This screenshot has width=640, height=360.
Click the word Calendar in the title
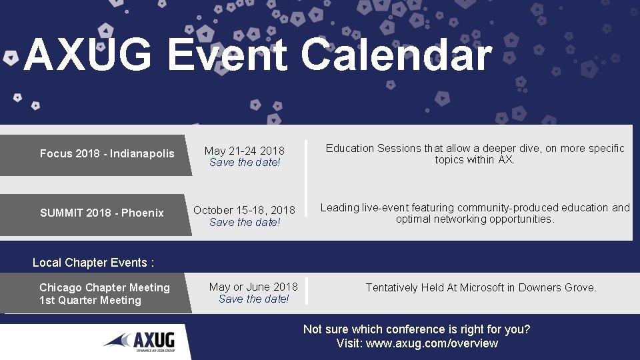pos(397,55)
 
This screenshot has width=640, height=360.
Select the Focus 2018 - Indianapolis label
pos(107,154)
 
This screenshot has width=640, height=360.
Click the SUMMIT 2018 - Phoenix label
pos(101,213)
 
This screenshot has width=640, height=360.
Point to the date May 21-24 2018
pos(244,151)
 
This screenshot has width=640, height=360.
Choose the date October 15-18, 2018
pos(244,210)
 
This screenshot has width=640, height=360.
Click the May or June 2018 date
pos(253,287)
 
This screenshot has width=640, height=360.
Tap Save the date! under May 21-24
pos(245,163)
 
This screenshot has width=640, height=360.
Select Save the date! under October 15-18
pos(245,223)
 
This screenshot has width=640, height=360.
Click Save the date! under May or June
pos(254,299)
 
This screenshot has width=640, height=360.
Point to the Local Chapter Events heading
pos(93,263)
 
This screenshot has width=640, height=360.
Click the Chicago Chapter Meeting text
pos(105,288)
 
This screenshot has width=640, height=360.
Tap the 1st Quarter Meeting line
pos(90,301)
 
